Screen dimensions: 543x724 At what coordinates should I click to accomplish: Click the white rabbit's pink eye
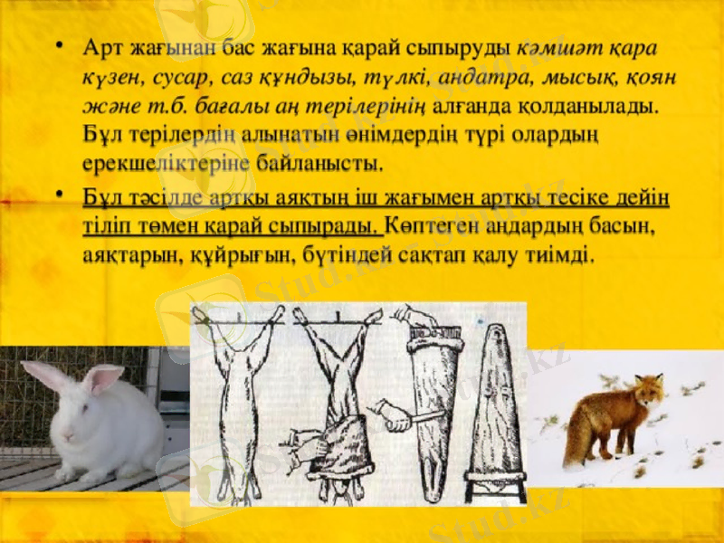82,407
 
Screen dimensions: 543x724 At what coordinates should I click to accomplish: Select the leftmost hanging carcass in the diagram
238,398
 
